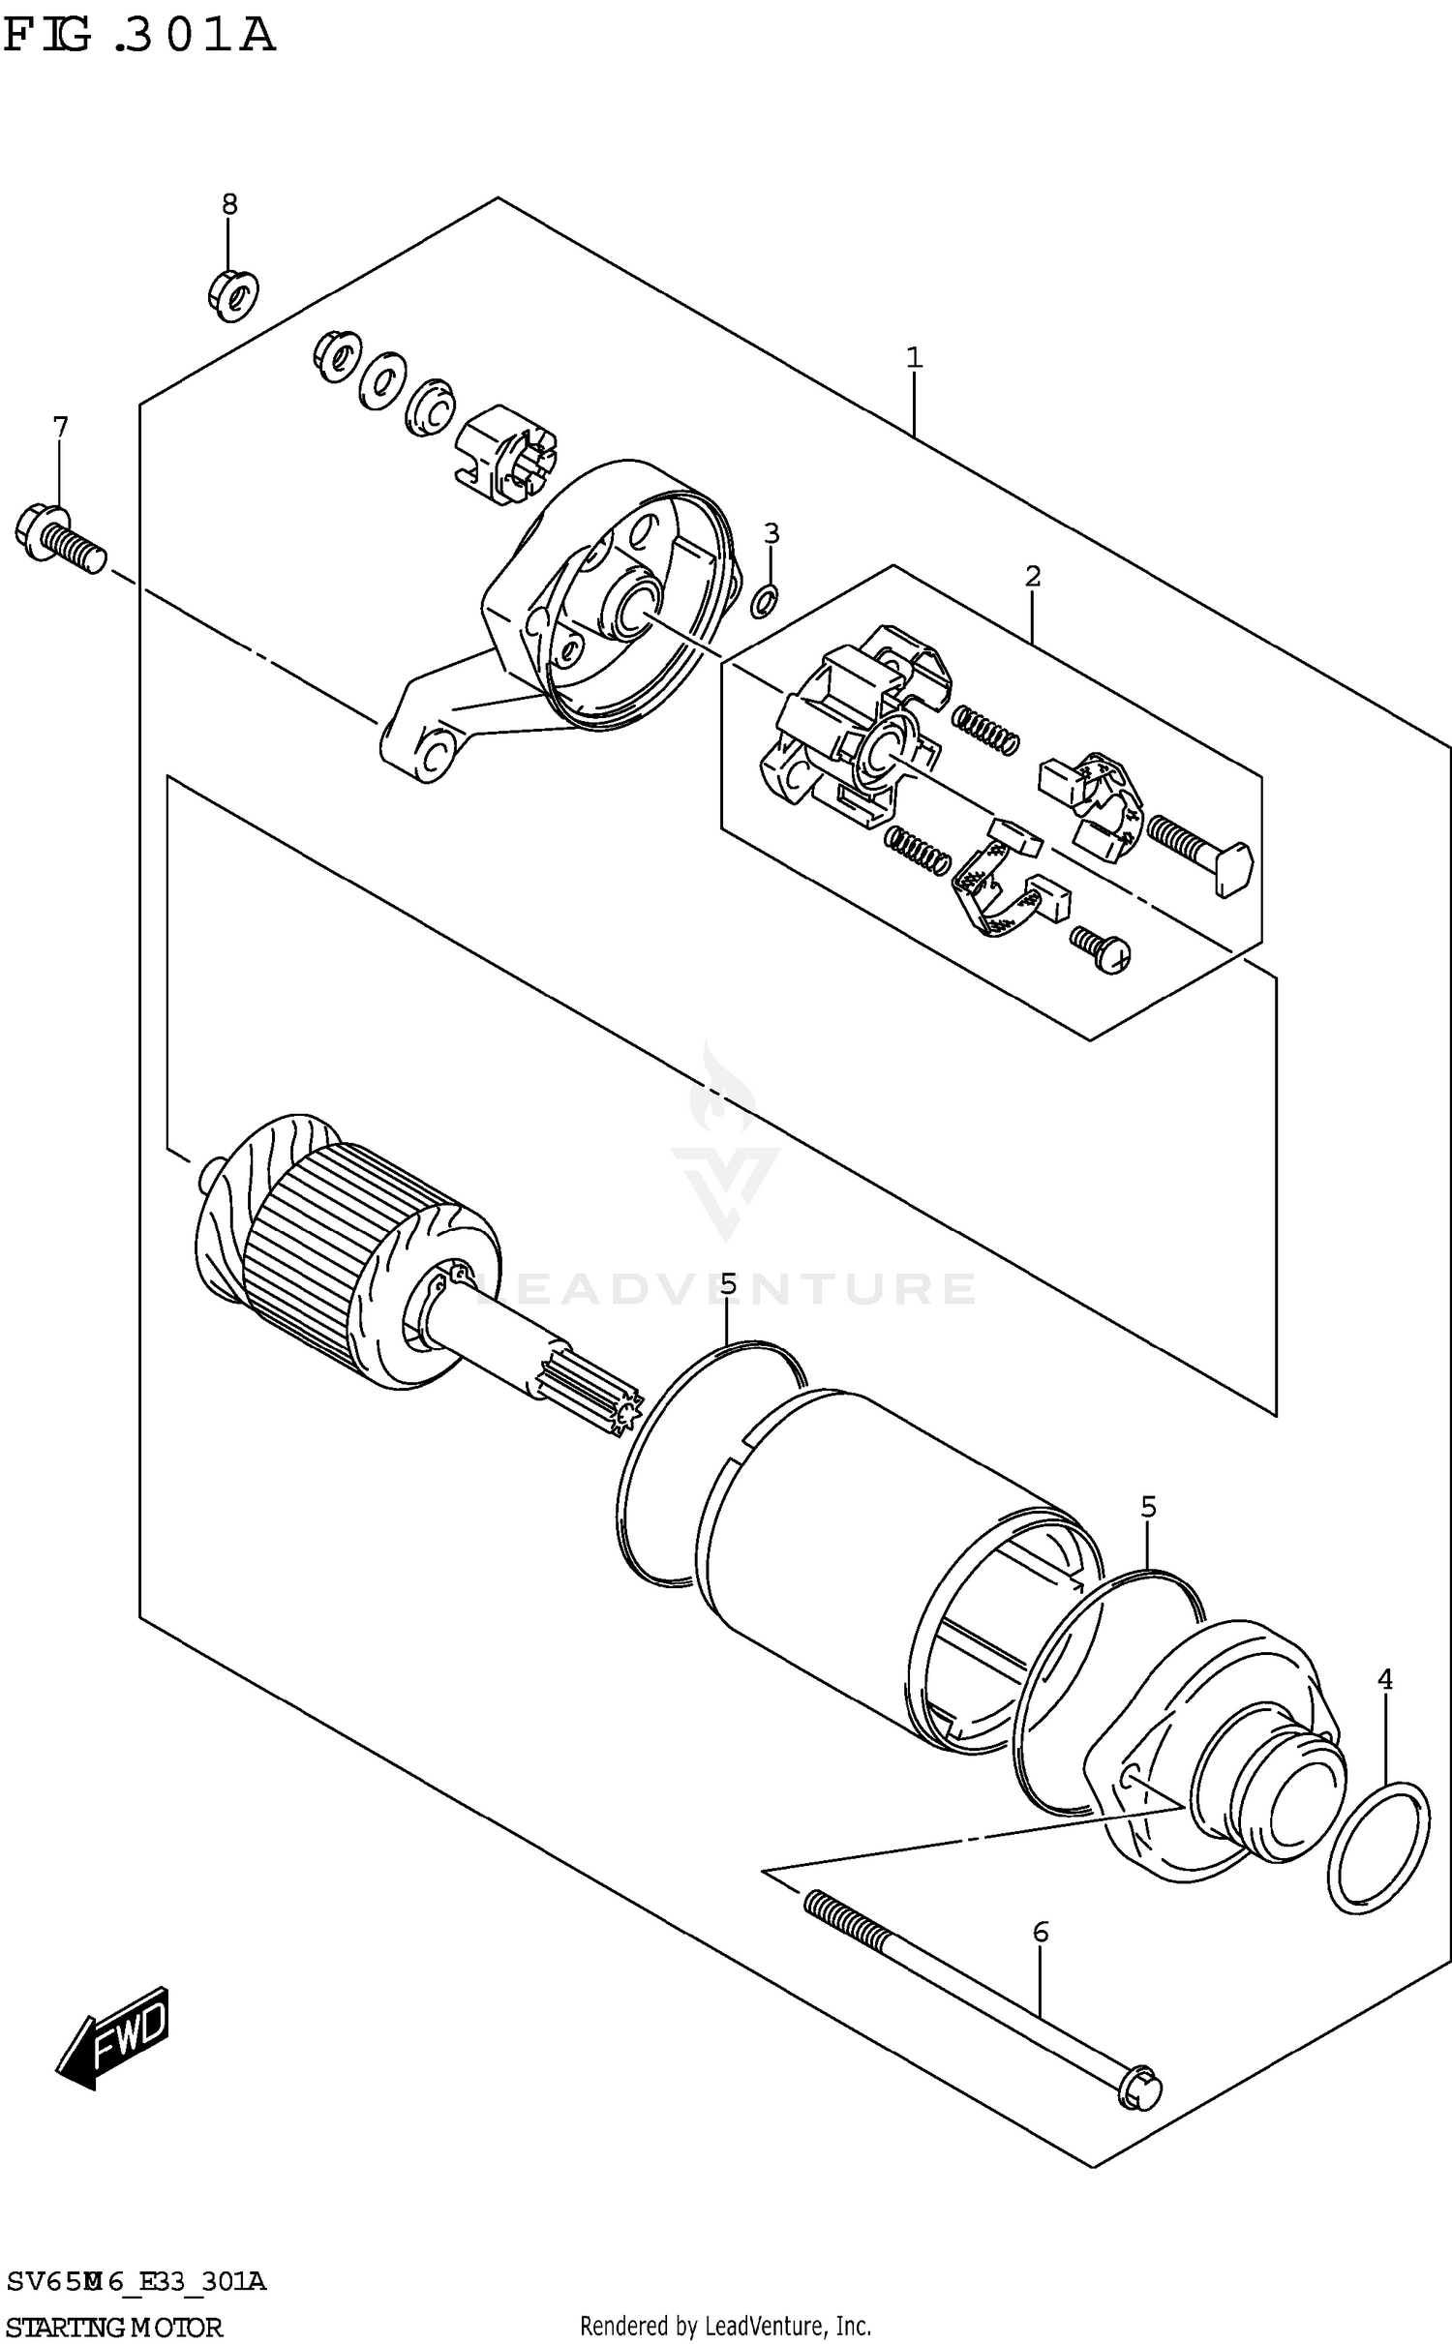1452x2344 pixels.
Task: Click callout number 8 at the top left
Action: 229,204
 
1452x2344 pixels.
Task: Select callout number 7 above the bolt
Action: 60,427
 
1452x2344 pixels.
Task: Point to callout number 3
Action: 771,533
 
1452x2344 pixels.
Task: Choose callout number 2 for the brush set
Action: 1033,577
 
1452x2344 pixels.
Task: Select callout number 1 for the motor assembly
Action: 914,359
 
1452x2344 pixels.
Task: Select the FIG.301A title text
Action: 140,37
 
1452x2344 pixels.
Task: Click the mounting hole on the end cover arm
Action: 432,754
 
